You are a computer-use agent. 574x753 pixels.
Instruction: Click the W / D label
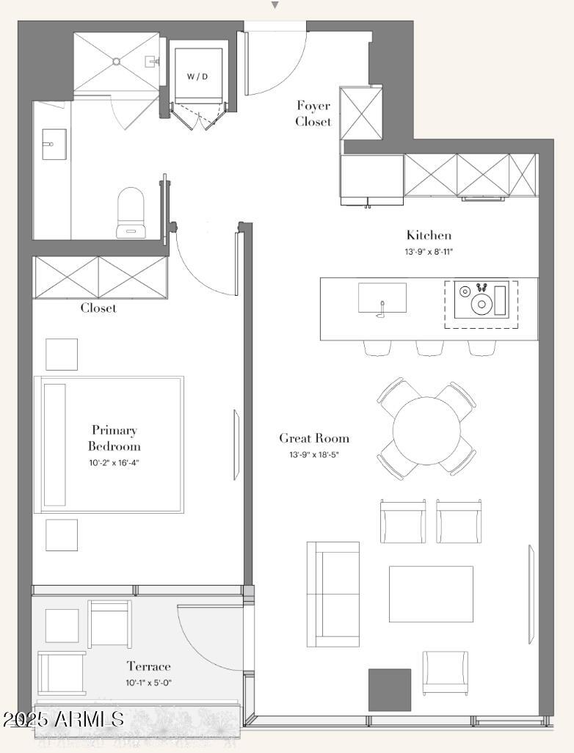pos(197,76)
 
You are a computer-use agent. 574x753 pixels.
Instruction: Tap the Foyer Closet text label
pos(313,113)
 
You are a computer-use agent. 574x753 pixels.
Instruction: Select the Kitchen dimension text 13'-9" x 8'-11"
pos(429,251)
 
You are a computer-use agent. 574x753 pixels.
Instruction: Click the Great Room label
pos(314,438)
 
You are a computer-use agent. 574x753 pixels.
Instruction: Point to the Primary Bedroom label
pos(115,438)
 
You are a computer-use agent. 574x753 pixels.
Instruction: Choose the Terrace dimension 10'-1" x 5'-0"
pos(148,683)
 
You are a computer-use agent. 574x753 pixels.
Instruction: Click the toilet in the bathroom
pos(131,212)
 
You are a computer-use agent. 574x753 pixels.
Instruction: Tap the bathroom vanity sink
pos(54,144)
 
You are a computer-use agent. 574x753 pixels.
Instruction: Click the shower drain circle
pos(116,62)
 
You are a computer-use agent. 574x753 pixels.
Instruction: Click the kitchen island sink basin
pos(382,298)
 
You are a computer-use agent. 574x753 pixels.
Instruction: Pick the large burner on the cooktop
pos(481,305)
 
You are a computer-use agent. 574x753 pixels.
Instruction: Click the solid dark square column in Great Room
pos(390,690)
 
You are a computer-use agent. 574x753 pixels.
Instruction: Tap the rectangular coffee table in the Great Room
pos(431,594)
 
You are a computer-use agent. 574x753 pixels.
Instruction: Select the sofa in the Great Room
pos(333,594)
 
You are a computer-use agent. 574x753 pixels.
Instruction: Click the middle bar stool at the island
pos(430,348)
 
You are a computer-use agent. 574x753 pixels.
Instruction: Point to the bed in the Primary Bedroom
pos(109,445)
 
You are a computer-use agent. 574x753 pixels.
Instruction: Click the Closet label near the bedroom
pos(98,308)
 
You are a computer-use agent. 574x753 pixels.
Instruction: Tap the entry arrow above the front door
pos(275,5)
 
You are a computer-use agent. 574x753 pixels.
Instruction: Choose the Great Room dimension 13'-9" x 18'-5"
pos(313,454)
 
